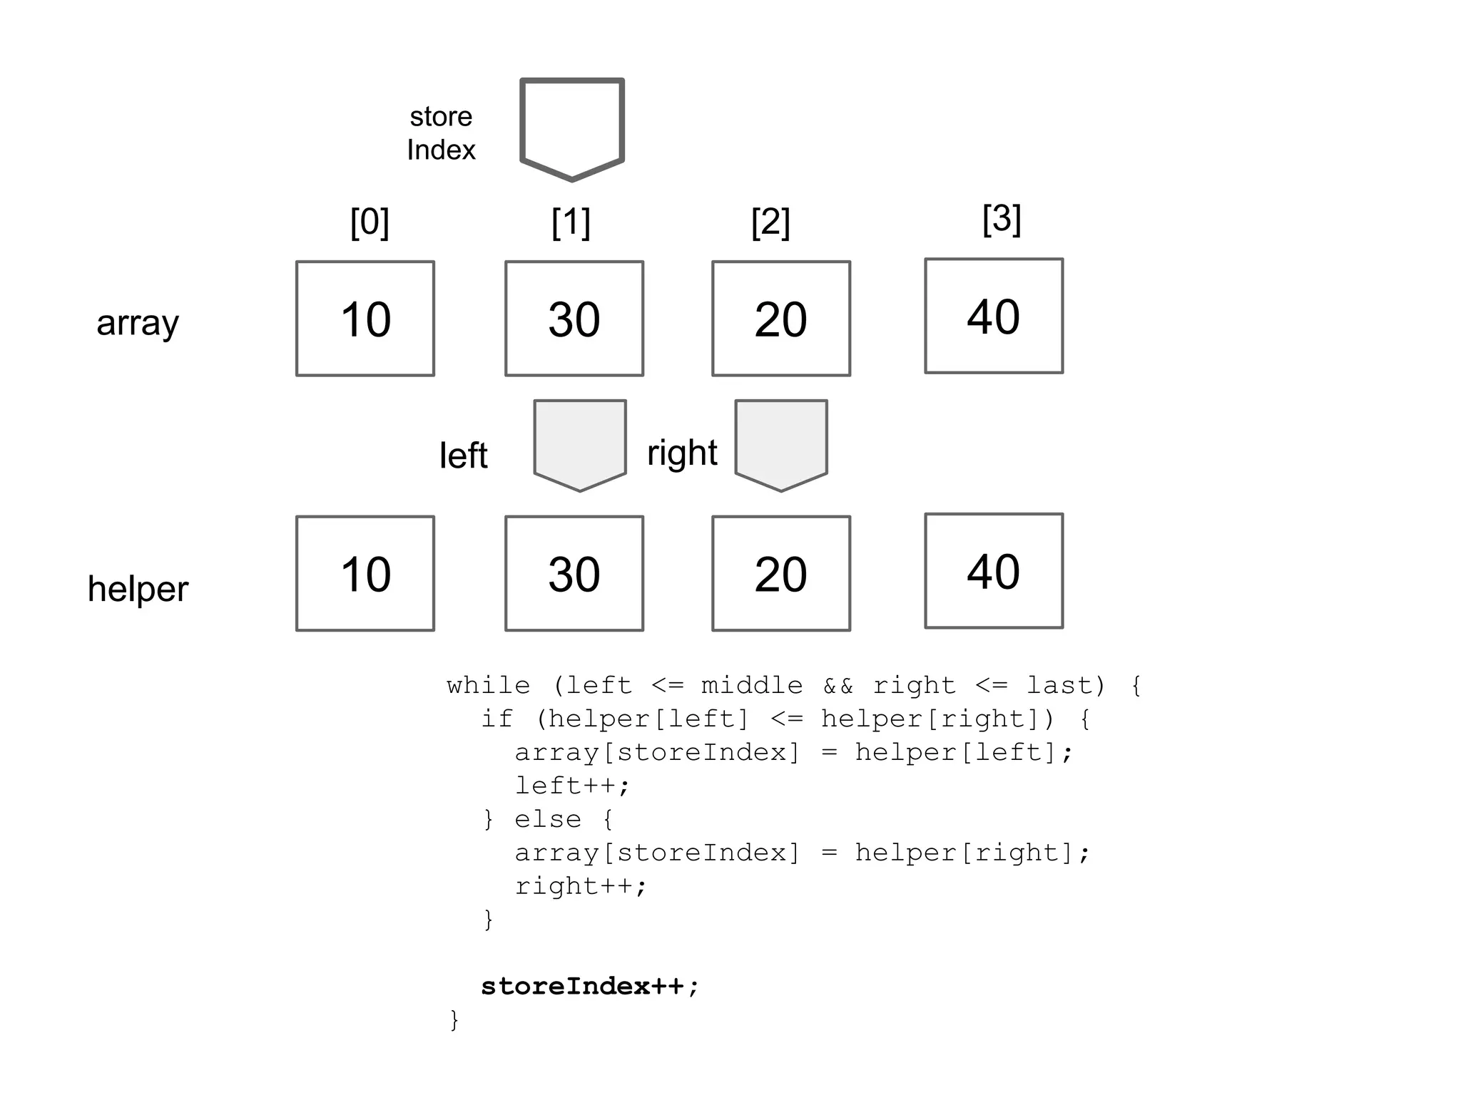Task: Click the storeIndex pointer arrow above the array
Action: click(x=572, y=127)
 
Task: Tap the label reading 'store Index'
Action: click(x=441, y=133)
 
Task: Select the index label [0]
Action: click(x=370, y=222)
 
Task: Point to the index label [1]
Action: click(x=571, y=222)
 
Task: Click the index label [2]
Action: click(x=770, y=222)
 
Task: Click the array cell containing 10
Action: click(x=365, y=319)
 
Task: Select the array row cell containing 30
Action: click(x=574, y=319)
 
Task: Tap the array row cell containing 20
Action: click(x=781, y=319)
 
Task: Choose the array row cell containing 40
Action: click(x=994, y=316)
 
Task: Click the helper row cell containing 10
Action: click(x=365, y=574)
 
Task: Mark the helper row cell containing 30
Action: click(x=574, y=574)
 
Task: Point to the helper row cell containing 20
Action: click(x=781, y=574)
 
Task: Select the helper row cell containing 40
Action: click(x=994, y=571)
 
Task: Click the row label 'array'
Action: click(x=138, y=323)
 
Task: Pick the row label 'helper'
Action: click(x=138, y=589)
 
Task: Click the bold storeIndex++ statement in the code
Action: click(x=589, y=987)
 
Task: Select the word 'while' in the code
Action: click(x=489, y=686)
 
